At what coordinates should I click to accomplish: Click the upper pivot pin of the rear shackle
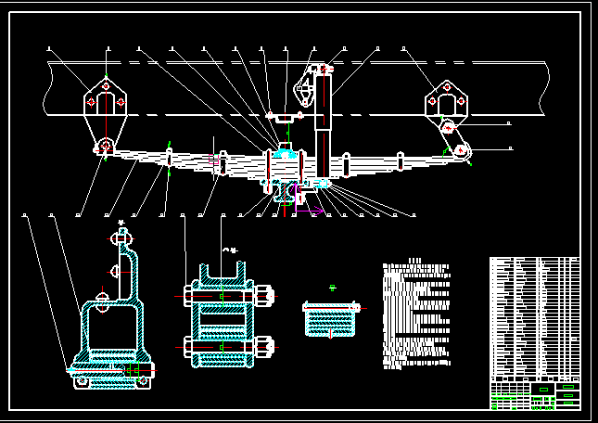pos(448,125)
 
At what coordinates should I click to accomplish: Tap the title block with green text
pos(534,395)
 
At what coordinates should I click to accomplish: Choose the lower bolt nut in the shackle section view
pos(268,348)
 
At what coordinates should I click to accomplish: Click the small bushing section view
pos(330,318)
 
